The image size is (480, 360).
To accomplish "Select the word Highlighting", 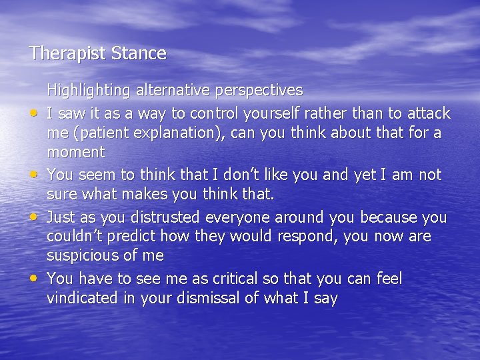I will pyautogui.click(x=88, y=90).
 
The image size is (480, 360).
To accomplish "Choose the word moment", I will pyautogui.click(x=75, y=152).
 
